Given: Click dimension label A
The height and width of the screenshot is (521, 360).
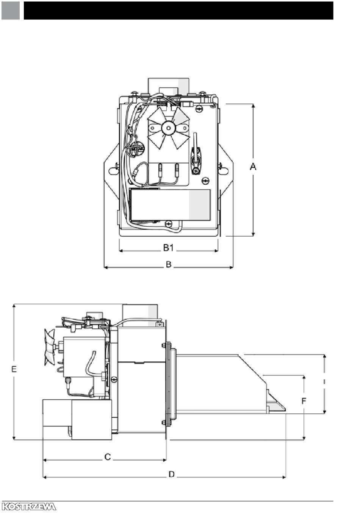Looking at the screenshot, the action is click(253, 166).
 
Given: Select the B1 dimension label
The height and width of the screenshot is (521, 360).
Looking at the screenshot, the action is click(168, 248).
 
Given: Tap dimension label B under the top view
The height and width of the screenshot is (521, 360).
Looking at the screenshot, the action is click(169, 264).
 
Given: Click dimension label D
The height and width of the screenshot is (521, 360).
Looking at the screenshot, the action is click(172, 474).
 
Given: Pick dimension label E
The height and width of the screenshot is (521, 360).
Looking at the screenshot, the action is click(14, 369).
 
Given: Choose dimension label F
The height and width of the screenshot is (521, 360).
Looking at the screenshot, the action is click(304, 401).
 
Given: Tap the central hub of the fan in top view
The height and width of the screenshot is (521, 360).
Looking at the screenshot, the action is click(169, 128).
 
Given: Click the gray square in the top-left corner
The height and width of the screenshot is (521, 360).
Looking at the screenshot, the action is click(11, 11).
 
